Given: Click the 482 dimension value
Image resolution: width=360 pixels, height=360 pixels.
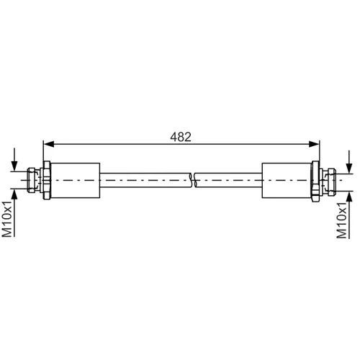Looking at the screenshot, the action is point(181,137).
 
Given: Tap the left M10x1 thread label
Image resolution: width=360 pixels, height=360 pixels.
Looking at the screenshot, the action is point(7,219).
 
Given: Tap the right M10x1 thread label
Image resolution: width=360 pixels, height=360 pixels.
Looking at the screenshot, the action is point(342,220).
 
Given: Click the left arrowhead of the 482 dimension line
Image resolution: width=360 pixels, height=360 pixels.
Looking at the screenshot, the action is point(49,144).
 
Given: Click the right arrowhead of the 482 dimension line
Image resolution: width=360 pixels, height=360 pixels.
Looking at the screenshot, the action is point(314,144).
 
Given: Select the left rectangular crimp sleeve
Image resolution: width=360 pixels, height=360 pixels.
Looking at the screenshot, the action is point(76,181).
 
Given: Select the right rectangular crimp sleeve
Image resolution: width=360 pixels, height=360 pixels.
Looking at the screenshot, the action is point(287,181).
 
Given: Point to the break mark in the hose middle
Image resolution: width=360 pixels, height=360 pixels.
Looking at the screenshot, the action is point(193,180).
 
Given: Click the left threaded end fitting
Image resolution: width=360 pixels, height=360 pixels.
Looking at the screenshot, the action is point(34,180).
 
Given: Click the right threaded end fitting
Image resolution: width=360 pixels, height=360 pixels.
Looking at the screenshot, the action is point(329,181).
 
